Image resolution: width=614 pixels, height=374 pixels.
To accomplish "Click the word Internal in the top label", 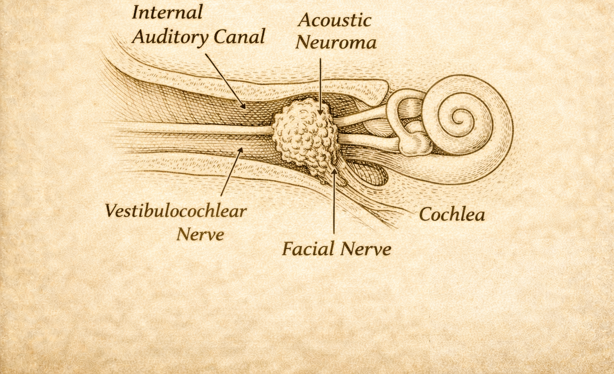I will coord(167,12).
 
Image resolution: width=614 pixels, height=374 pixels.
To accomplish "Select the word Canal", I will coord(239,37).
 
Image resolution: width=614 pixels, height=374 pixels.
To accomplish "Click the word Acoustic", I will coord(335,20).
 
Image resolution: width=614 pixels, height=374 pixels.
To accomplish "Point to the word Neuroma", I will coord(336,43).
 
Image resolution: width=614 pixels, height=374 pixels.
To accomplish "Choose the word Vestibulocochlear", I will coord(176,211).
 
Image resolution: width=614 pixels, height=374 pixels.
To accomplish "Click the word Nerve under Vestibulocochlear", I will coord(200,234).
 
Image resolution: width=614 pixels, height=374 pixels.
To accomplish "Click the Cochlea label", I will coord(452,214).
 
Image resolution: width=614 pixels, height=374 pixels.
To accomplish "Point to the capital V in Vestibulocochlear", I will coord(111,210).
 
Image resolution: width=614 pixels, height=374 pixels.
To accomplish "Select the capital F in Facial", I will coord(288,248).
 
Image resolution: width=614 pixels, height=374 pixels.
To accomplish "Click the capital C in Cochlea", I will coord(425,214).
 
